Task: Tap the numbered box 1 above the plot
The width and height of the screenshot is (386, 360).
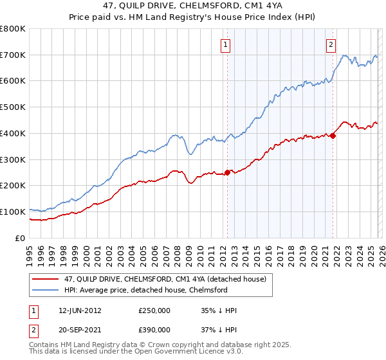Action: pyautogui.click(x=226, y=45)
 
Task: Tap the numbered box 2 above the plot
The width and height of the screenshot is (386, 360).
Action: pyautogui.click(x=331, y=45)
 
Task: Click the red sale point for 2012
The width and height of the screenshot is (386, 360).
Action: pyautogui.click(x=227, y=172)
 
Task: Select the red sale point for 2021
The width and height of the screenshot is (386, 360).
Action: pyautogui.click(x=333, y=136)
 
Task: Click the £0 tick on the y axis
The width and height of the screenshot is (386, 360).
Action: pyautogui.click(x=21, y=238)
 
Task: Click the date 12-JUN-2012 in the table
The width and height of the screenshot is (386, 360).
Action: pyautogui.click(x=78, y=310)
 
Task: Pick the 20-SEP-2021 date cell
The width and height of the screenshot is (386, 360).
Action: pyautogui.click(x=78, y=328)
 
